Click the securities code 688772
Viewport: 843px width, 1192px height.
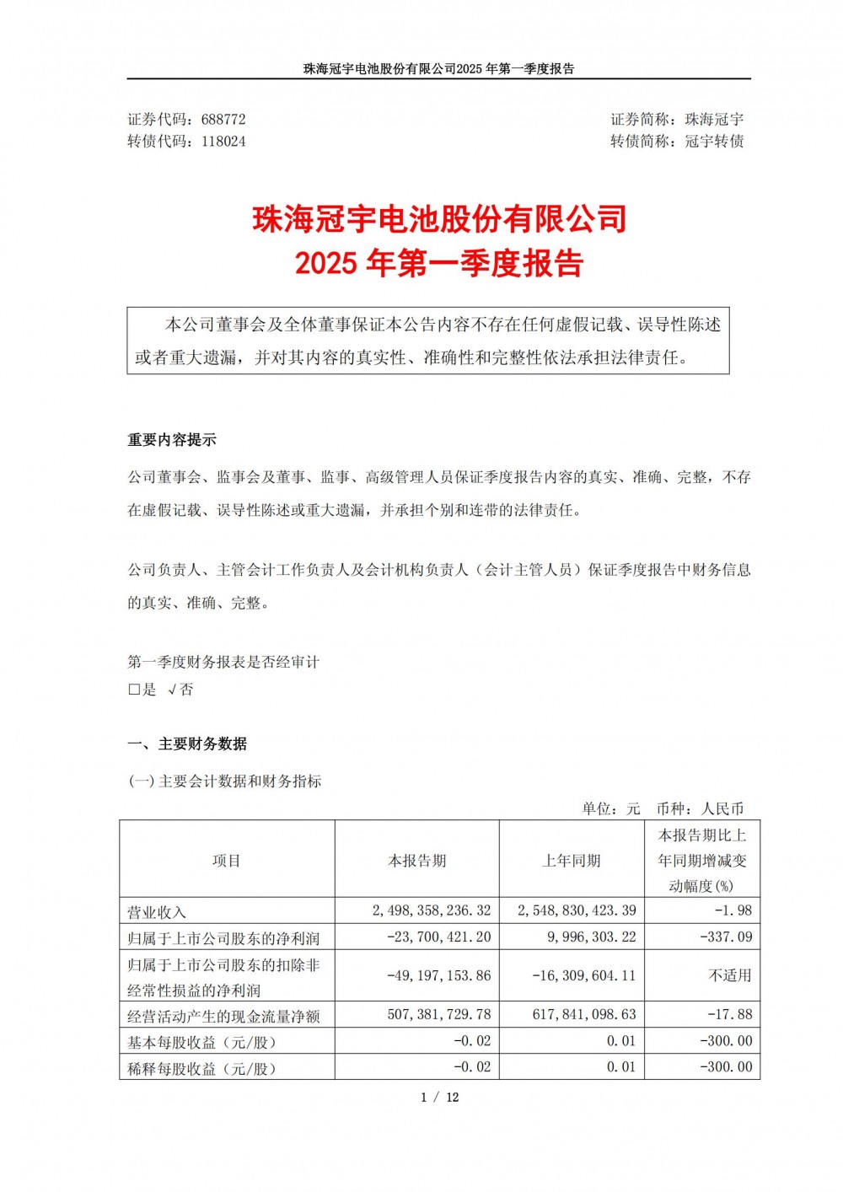click(223, 120)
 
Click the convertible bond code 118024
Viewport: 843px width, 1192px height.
click(223, 142)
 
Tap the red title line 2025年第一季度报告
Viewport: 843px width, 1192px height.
click(439, 264)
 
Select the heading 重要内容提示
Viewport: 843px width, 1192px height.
click(172, 440)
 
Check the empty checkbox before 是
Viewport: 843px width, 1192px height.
click(133, 690)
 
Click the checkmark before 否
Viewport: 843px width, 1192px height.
click(172, 690)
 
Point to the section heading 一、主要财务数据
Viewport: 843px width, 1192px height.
click(187, 744)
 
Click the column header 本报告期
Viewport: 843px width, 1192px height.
click(416, 861)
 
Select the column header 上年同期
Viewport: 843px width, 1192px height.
click(572, 861)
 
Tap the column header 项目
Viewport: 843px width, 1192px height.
click(227, 861)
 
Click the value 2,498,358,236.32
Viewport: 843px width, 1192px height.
click(431, 910)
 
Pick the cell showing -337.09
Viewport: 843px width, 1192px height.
click(726, 937)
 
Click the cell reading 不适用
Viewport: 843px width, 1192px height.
click(730, 975)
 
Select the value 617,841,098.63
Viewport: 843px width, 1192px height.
click(583, 1015)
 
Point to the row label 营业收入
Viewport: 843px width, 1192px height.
click(157, 912)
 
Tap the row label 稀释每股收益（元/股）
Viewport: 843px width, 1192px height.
click(201, 1068)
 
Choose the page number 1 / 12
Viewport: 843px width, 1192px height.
click(439, 1097)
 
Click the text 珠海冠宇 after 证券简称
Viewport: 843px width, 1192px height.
click(714, 120)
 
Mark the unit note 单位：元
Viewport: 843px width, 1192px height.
click(611, 808)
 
